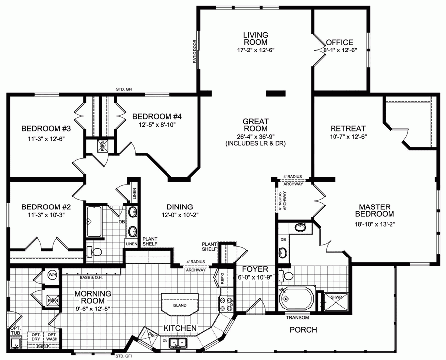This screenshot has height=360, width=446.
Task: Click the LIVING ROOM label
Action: [x=255, y=38]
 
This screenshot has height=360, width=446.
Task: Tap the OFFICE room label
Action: [x=340, y=42]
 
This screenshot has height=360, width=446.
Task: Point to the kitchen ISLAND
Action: [x=180, y=305]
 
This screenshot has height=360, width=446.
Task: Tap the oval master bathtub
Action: [x=296, y=300]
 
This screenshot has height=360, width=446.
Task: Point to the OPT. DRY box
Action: [x=35, y=336]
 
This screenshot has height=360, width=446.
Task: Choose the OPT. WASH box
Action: [x=52, y=336]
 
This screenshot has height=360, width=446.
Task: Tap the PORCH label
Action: [x=303, y=330]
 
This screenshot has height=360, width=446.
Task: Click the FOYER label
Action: [x=255, y=269]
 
